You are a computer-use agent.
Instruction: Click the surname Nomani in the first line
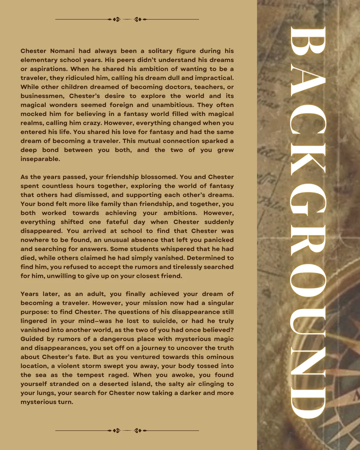click(62, 51)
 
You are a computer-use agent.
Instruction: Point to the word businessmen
click(42, 96)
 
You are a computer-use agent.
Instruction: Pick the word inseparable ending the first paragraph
click(40, 159)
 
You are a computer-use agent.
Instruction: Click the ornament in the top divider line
click(127, 19)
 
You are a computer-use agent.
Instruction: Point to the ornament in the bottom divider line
click(127, 431)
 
